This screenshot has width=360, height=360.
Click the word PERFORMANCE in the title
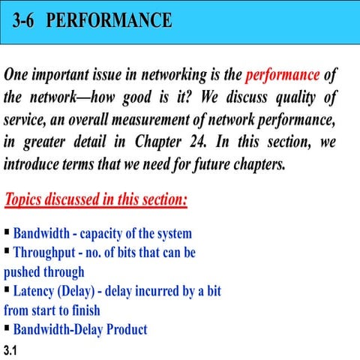(109, 20)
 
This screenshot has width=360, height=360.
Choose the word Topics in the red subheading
(28, 202)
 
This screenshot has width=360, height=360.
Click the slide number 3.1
(10, 350)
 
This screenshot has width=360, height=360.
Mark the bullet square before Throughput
(7, 252)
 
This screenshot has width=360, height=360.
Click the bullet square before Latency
(7, 289)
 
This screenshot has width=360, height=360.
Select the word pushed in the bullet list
(23, 271)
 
